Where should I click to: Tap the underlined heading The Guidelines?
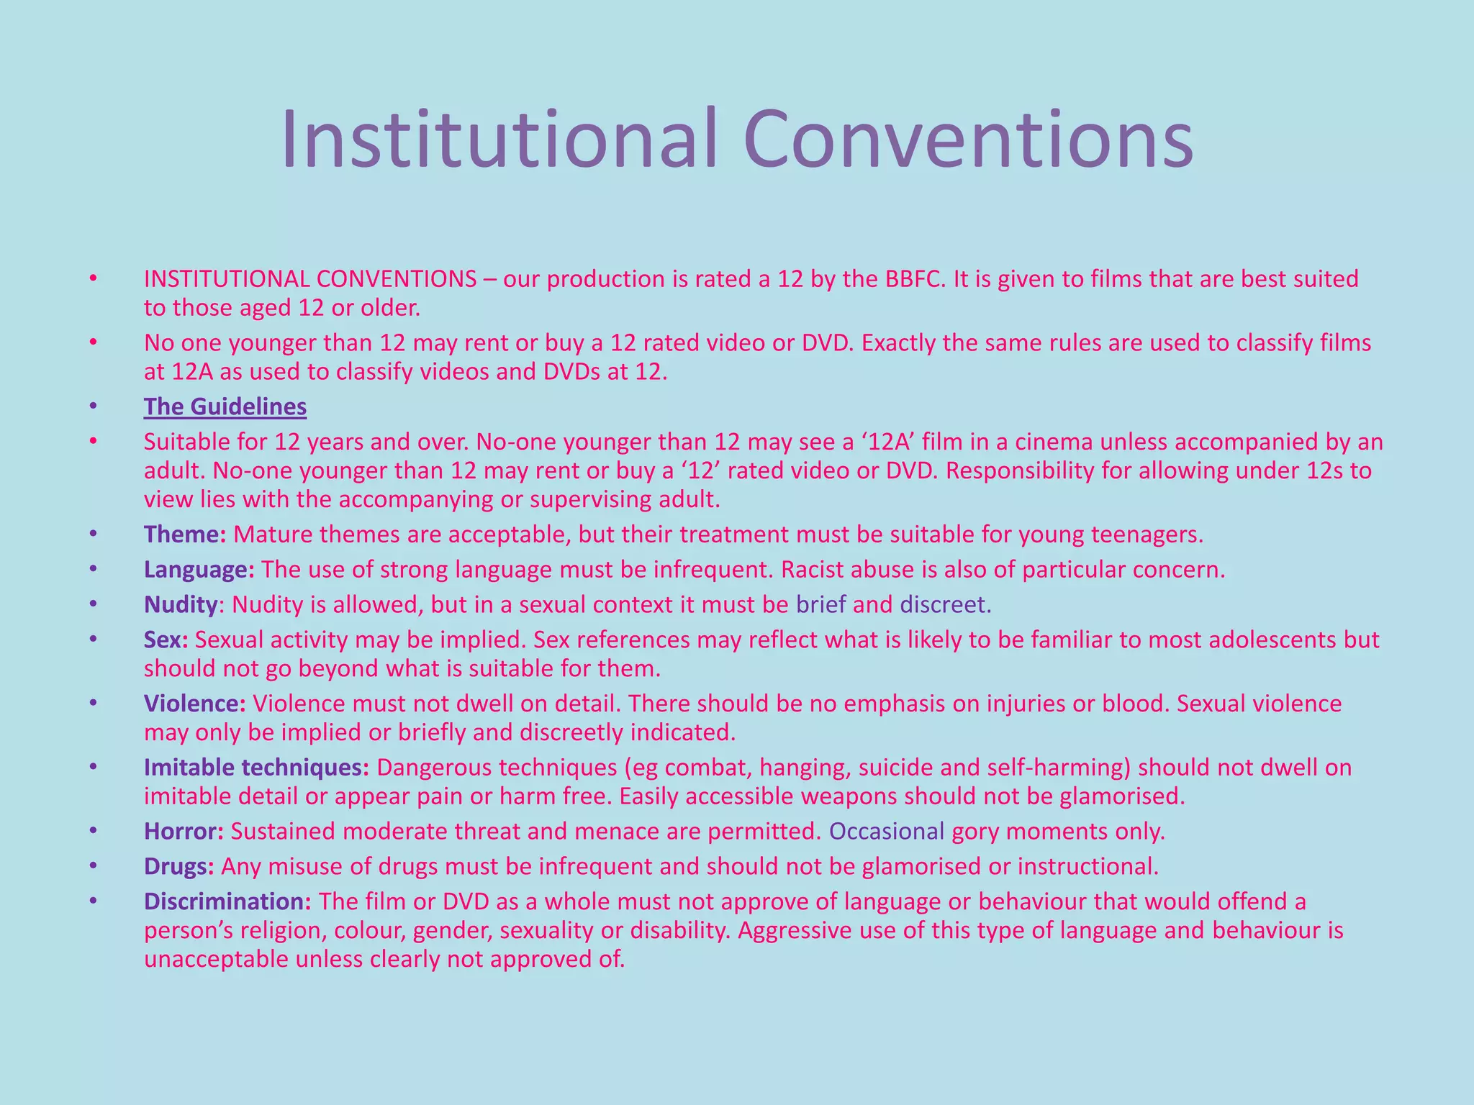tap(225, 406)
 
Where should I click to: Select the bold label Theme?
tap(185, 535)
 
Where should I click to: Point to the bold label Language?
tap(199, 570)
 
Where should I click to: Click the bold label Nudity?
tap(180, 604)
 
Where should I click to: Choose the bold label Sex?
tap(166, 640)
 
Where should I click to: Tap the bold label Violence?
tap(194, 704)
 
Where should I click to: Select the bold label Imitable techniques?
tap(256, 768)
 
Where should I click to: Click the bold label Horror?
tap(184, 832)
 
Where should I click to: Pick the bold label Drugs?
tap(178, 866)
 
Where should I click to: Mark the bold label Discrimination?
tap(227, 901)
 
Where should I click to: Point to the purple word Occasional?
tap(886, 832)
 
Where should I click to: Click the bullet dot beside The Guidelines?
tap(92, 406)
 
